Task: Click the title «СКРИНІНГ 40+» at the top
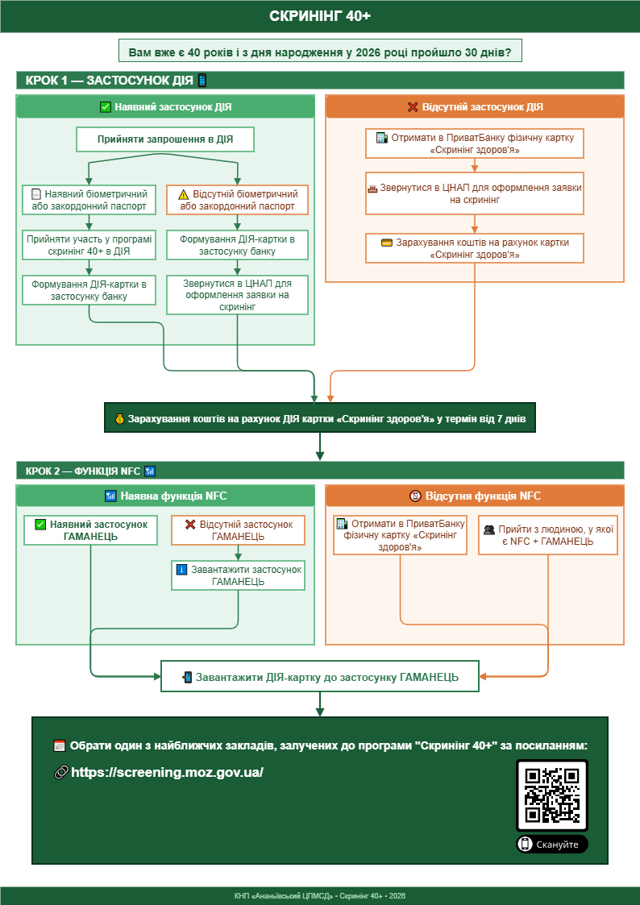(x=320, y=16)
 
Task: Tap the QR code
(x=551, y=795)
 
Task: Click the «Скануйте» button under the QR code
(x=551, y=844)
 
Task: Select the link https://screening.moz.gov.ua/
(x=167, y=772)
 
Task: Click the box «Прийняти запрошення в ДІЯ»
(x=165, y=139)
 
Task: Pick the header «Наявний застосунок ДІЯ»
(x=165, y=106)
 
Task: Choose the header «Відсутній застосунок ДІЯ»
(x=475, y=106)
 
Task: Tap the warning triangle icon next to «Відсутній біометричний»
(x=184, y=194)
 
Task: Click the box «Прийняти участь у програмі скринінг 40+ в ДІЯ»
(x=89, y=245)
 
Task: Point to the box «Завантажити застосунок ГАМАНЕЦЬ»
(x=239, y=575)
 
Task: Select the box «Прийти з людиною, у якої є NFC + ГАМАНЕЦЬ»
(x=548, y=535)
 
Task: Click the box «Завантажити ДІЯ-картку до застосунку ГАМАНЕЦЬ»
(x=320, y=676)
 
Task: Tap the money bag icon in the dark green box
(x=119, y=419)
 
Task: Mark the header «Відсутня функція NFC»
(x=475, y=496)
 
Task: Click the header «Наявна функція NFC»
(x=165, y=496)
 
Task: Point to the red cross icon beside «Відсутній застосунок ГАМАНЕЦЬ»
(x=190, y=525)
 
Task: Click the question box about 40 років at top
(x=320, y=52)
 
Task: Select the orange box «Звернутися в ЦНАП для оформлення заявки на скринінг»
(x=475, y=193)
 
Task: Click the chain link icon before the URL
(x=60, y=772)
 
